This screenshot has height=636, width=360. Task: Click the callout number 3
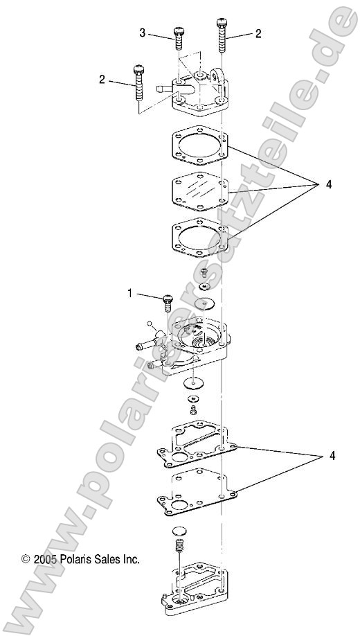coord(142,33)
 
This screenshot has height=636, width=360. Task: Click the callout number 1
coord(129,294)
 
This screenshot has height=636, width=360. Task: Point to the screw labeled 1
coord(166,303)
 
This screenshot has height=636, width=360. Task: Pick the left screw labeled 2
coord(138,82)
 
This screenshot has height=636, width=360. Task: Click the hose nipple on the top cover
coord(166,89)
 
